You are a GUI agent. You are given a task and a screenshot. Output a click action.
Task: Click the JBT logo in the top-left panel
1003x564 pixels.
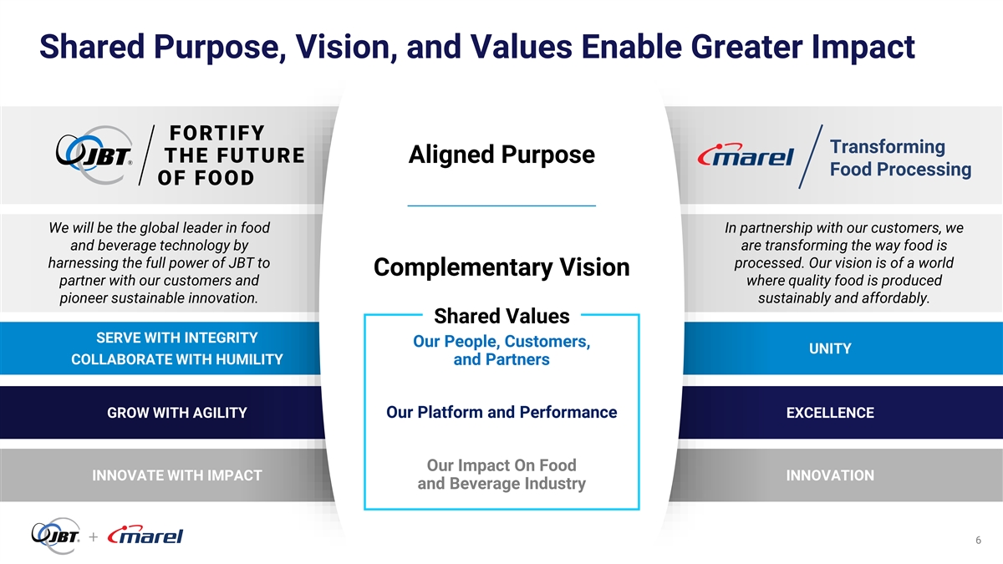(x=94, y=155)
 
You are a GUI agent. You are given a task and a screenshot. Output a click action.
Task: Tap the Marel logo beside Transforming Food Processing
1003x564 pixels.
(x=746, y=155)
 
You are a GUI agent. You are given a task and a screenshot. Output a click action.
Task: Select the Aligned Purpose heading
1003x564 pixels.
(x=501, y=155)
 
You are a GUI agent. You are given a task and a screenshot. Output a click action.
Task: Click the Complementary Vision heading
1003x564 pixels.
(x=501, y=267)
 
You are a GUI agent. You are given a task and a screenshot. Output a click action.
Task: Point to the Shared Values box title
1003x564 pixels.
(x=501, y=316)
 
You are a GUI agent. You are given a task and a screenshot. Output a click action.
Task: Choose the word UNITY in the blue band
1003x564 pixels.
(x=830, y=348)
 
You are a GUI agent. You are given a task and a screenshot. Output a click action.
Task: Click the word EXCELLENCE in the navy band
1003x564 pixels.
(x=830, y=412)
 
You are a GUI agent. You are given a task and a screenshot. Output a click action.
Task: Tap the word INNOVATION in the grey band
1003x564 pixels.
(x=830, y=475)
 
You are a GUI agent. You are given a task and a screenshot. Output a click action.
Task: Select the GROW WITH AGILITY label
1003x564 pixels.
(x=177, y=412)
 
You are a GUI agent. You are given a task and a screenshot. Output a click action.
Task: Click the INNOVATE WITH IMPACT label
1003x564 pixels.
(x=177, y=475)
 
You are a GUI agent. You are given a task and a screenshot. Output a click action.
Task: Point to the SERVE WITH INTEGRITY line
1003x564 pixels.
(x=177, y=338)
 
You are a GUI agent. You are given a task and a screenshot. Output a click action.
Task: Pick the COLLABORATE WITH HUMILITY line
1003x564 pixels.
(x=177, y=359)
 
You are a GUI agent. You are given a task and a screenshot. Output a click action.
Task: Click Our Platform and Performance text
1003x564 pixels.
(x=501, y=412)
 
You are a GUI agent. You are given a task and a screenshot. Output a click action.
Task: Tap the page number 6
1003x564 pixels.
(x=979, y=541)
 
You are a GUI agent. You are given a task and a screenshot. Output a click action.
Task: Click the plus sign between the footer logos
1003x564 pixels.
(x=93, y=536)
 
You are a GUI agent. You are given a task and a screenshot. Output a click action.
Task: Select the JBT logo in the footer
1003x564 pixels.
(x=56, y=536)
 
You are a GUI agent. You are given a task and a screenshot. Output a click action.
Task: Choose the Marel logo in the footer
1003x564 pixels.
(x=145, y=535)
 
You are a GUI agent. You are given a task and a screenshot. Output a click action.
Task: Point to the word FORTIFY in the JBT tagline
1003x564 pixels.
(x=217, y=133)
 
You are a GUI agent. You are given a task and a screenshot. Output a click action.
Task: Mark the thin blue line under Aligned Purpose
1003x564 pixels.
(x=501, y=206)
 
